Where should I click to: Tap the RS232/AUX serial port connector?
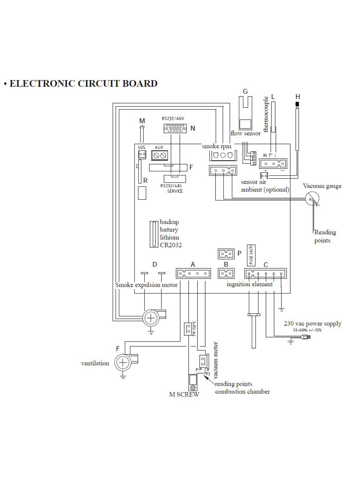tap(175, 128)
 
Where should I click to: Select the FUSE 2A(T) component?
tap(251, 255)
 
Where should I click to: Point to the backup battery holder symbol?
tap(153, 234)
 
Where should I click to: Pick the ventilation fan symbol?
tap(122, 363)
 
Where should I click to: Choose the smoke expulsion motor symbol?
tap(150, 318)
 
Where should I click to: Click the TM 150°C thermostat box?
tap(188, 328)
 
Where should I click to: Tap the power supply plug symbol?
tap(306, 337)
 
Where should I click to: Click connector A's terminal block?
tap(193, 274)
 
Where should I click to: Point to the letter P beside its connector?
tap(239, 254)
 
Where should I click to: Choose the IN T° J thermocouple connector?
tap(273, 163)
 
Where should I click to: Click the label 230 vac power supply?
tap(312, 323)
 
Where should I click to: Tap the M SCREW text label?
tap(184, 394)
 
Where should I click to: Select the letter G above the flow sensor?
tap(245, 91)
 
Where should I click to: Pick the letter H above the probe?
tap(298, 96)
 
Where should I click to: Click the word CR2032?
tap(171, 245)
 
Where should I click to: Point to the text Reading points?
tap(325, 236)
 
